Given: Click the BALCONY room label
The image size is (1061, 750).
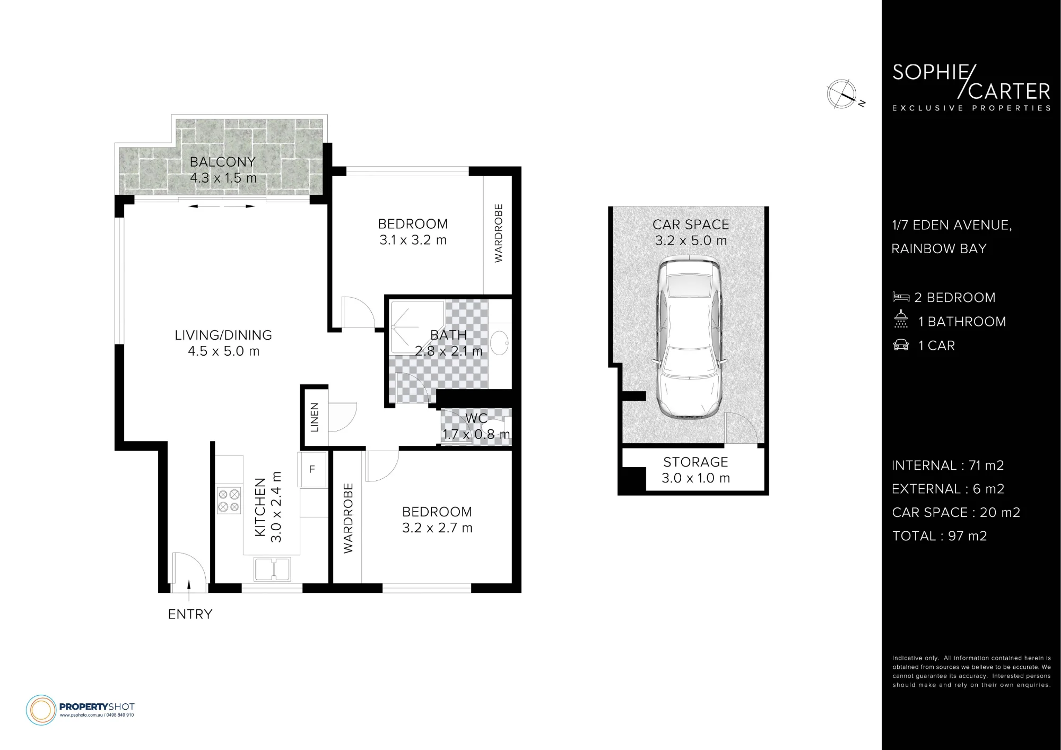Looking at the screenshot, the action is point(223,162).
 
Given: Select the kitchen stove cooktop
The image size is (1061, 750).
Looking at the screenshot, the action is point(229,501).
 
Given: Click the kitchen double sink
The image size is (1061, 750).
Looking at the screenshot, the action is point(272,569).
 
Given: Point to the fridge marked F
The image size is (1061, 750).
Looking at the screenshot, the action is point(312,469).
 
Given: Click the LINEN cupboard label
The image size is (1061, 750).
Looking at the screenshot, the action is point(315,417).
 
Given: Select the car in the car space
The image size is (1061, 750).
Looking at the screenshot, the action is point(689,338).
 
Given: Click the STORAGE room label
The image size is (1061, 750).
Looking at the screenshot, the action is point(695,462).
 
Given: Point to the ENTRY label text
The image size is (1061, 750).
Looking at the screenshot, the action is point(190,614).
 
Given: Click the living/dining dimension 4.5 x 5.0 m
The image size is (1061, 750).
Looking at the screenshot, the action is point(224,351).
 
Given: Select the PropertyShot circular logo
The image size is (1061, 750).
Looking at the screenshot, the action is point(41,710).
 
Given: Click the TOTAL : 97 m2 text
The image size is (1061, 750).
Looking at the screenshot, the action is point(940,536).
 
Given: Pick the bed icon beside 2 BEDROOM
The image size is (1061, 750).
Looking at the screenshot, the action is point(901,297).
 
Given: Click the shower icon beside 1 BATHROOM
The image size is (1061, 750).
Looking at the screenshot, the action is point(901,319).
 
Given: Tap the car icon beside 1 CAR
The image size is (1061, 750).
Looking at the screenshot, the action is point(901,346).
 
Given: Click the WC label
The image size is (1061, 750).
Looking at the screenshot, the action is point(476,419).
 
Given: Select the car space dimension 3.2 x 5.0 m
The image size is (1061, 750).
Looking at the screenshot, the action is point(691,241).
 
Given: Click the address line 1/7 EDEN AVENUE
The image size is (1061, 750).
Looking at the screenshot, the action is point(952,225).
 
